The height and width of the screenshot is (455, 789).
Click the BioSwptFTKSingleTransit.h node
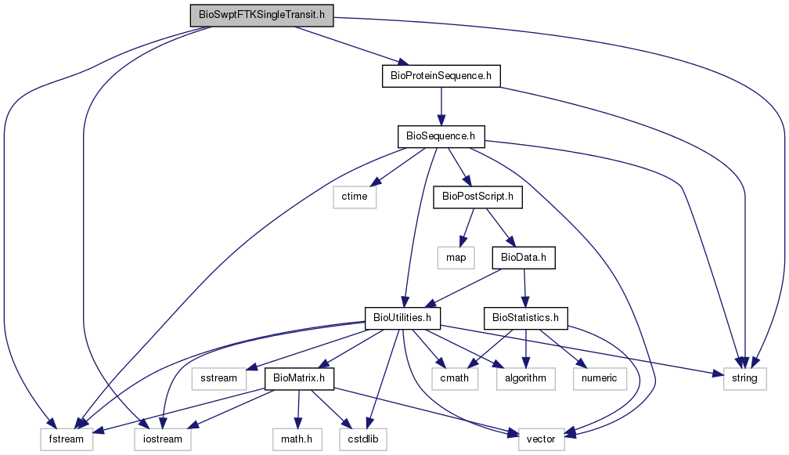click(261, 15)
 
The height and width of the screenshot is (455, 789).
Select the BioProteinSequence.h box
click(441, 76)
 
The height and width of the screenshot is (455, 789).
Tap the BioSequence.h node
click(441, 136)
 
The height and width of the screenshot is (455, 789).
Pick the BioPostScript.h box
click(477, 197)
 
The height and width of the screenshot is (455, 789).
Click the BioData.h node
click(524, 258)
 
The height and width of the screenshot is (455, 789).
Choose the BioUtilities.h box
click(402, 318)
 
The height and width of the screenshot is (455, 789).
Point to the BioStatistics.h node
click(525, 318)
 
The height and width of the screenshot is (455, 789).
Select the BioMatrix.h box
click(299, 378)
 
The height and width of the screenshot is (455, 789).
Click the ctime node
click(355, 197)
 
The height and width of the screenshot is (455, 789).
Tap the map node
click(456, 258)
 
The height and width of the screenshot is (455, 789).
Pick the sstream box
click(219, 378)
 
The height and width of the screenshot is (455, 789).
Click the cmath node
click(454, 378)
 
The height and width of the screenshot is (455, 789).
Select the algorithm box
click(525, 378)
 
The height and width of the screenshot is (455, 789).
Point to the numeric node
click(600, 378)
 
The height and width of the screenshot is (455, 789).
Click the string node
click(744, 378)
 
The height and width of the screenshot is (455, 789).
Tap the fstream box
click(67, 439)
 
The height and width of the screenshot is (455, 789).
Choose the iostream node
click(163, 439)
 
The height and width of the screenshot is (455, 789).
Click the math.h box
click(297, 439)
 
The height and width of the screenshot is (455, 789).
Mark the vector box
click(541, 439)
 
